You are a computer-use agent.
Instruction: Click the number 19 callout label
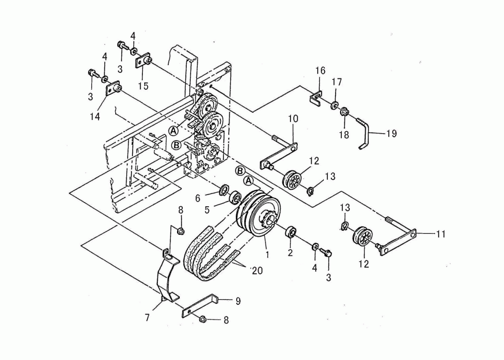(x=391, y=134)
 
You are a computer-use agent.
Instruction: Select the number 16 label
(x=320, y=71)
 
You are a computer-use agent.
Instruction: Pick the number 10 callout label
(x=293, y=119)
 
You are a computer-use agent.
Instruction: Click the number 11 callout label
(x=441, y=234)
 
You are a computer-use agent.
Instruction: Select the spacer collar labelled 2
(x=290, y=232)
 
